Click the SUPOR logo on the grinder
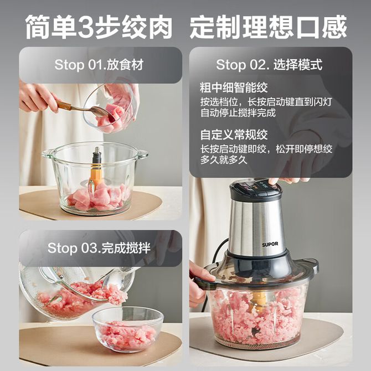tap(270, 244)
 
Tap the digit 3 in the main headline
tap(86, 27)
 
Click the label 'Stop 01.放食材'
tap(99, 65)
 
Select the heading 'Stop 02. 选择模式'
tap(269, 65)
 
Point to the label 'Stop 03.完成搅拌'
tap(99, 248)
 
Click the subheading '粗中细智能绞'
tap(234, 87)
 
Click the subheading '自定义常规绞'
tap(234, 135)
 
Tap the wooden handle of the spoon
tap(64, 104)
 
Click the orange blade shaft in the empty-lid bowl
tap(96, 176)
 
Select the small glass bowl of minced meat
tap(128, 329)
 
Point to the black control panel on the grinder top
tap(255, 188)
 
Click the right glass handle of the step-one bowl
tap(143, 154)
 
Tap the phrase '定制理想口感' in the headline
tap(268, 27)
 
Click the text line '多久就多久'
tap(224, 160)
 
